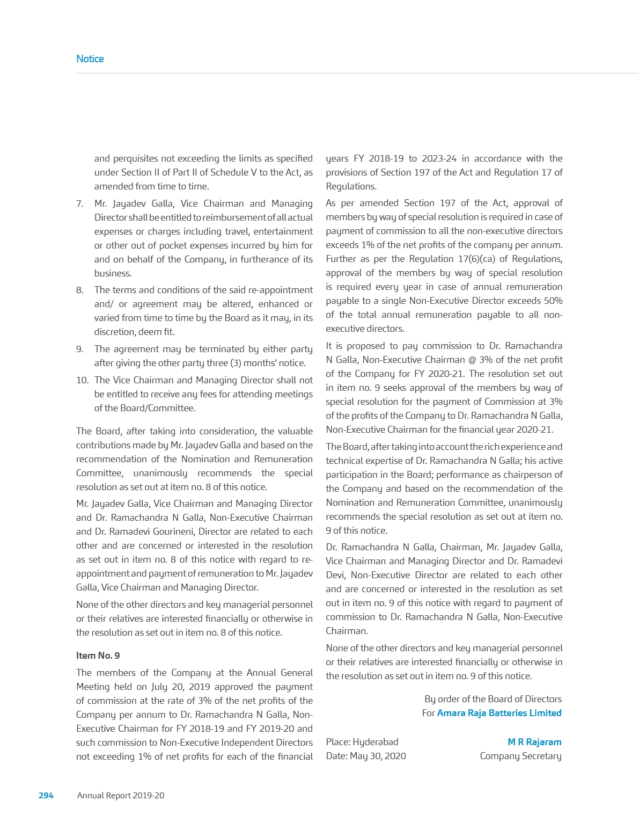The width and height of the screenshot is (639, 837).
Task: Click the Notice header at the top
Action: (x=90, y=59)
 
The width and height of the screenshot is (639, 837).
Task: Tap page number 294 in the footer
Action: (x=46, y=795)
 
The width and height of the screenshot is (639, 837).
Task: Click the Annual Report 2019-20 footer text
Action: (x=121, y=795)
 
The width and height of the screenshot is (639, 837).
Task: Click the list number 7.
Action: (x=79, y=203)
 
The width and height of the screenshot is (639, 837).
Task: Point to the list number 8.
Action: (x=79, y=290)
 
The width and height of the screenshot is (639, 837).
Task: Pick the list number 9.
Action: (x=79, y=349)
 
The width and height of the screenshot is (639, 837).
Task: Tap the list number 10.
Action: (x=82, y=380)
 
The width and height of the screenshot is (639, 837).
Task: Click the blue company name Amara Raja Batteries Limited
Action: (x=499, y=713)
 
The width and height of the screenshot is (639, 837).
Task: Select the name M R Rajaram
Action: (x=534, y=742)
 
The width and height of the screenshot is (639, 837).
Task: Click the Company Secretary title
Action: (x=520, y=756)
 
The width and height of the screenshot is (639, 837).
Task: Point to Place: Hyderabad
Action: (x=362, y=742)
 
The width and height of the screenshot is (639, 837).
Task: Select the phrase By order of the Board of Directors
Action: (x=493, y=699)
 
